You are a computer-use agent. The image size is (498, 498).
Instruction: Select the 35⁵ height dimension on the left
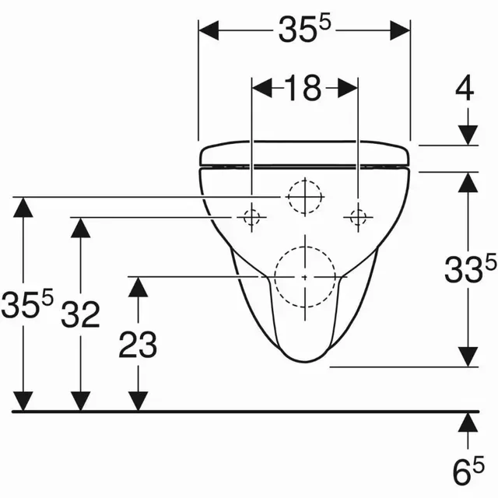click(x=26, y=304)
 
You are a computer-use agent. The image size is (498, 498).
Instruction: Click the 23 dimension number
click(x=138, y=343)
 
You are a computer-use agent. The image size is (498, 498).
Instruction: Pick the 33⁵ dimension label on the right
click(x=468, y=271)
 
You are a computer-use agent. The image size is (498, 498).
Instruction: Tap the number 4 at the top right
click(x=465, y=89)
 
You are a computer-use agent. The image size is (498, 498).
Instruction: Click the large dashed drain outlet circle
click(x=306, y=276)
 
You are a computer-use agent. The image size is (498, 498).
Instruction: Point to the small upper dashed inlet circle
click(x=303, y=197)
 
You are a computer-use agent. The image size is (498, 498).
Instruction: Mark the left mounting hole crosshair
click(x=251, y=218)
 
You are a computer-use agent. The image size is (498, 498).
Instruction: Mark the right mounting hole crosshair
click(x=358, y=218)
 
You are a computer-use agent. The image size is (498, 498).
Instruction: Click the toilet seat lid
click(x=305, y=154)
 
